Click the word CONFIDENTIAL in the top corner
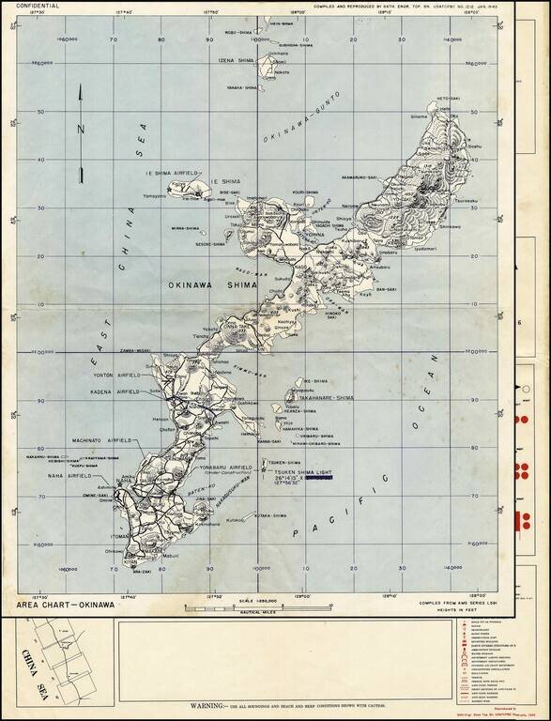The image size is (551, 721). (x=37, y=6)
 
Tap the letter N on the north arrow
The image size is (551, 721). (x=83, y=129)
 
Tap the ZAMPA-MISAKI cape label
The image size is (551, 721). (x=136, y=348)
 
